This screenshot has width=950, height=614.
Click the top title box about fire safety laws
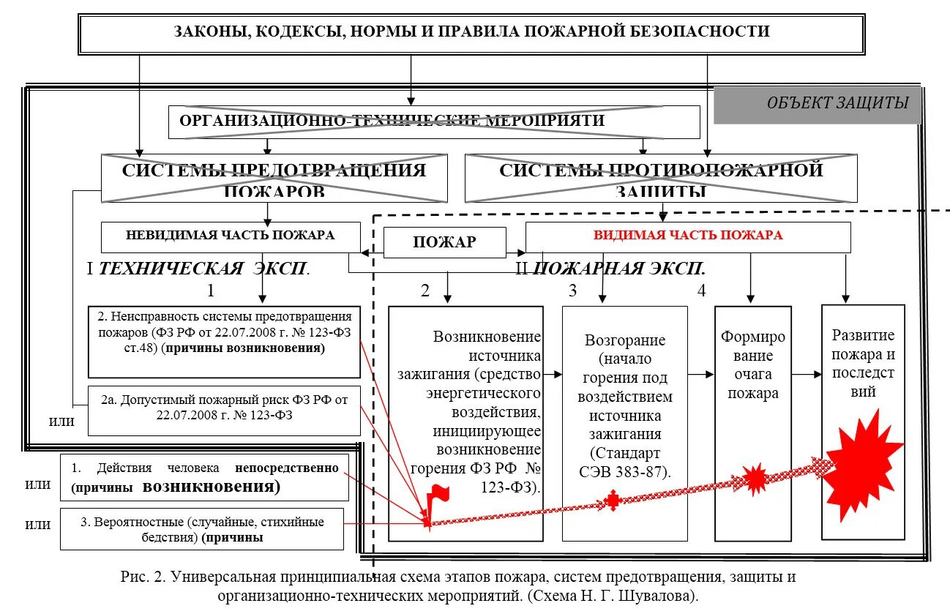[471, 33]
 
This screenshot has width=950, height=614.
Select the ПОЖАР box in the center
[444, 242]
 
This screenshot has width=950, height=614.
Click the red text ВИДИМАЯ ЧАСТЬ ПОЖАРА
[687, 236]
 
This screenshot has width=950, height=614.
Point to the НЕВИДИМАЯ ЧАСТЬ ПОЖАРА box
[231, 236]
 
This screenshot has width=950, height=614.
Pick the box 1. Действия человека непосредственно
[204, 477]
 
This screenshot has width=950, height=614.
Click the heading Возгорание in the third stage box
[625, 340]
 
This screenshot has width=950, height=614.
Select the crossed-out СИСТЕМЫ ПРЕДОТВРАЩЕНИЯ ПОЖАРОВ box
[274, 179]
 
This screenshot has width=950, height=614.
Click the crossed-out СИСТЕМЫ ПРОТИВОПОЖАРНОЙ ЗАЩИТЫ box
[661, 179]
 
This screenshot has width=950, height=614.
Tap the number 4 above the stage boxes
[701, 291]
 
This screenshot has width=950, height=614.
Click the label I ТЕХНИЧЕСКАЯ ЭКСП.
[198, 269]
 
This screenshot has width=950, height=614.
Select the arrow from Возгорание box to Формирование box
[700, 375]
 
